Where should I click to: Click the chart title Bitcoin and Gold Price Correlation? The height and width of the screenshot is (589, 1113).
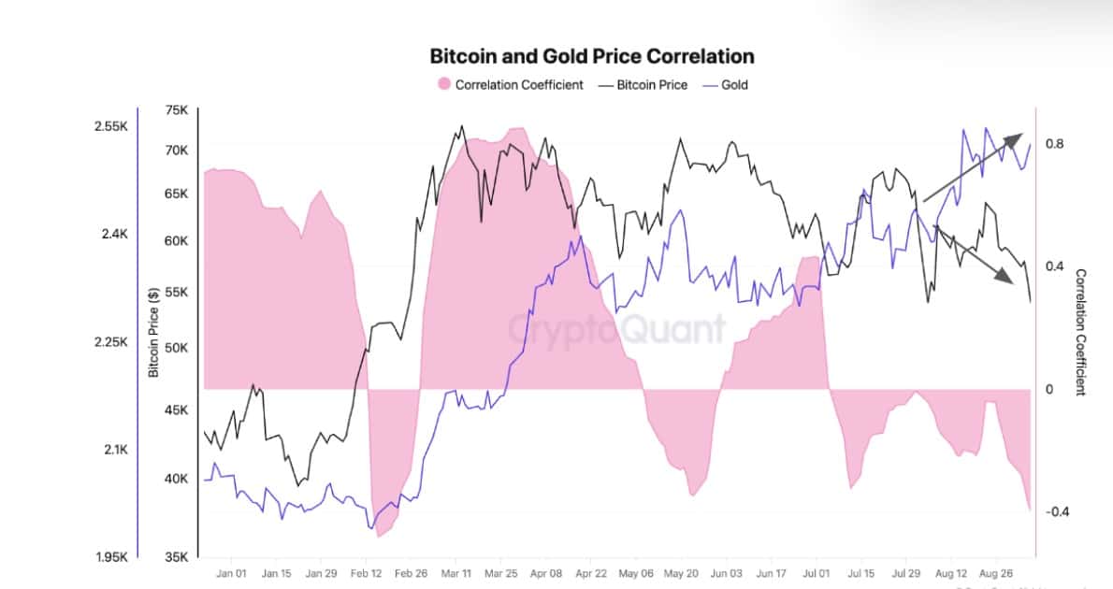pyautogui.click(x=591, y=56)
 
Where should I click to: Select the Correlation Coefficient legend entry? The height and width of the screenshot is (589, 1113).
pyautogui.click(x=518, y=84)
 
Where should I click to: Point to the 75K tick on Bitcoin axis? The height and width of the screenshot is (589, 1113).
pyautogui.click(x=177, y=109)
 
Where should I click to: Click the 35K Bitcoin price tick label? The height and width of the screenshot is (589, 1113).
pyautogui.click(x=177, y=558)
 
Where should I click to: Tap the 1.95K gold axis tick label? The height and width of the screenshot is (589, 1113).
pyautogui.click(x=111, y=558)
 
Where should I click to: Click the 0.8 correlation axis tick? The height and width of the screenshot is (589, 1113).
pyautogui.click(x=1055, y=144)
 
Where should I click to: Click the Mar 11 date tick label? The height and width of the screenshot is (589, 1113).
pyautogui.click(x=457, y=574)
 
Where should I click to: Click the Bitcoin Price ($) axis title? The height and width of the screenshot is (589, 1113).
pyautogui.click(x=153, y=333)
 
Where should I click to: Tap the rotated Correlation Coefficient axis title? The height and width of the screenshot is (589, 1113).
pyautogui.click(x=1081, y=333)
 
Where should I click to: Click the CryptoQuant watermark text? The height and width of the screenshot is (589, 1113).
pyautogui.click(x=617, y=328)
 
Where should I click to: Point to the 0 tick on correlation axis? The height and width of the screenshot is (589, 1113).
pyautogui.click(x=1050, y=389)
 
